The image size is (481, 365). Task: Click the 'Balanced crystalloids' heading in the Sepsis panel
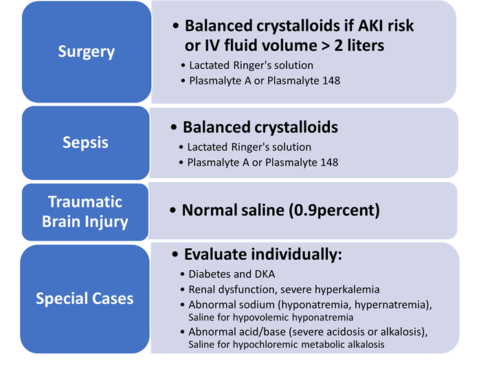[260, 128]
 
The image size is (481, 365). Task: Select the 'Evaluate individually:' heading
[262, 254]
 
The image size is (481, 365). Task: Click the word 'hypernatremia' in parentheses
[392, 305]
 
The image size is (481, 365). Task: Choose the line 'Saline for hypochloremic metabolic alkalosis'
[286, 344]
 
